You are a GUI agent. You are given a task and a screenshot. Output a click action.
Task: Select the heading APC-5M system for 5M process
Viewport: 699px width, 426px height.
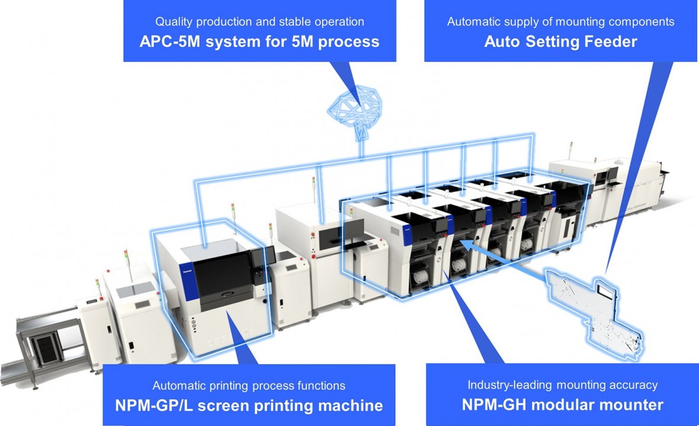tap(259, 42)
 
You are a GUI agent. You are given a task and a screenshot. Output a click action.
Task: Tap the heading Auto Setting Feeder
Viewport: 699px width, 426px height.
tap(561, 42)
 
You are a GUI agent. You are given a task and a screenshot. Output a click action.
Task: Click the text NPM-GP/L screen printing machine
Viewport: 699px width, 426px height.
tap(249, 406)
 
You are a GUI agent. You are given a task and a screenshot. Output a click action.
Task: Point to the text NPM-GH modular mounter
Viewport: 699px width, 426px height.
tap(562, 405)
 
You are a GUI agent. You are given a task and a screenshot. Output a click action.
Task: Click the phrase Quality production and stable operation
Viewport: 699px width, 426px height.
tap(259, 22)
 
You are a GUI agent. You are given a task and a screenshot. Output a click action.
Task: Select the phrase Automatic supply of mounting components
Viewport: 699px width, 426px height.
tap(561, 22)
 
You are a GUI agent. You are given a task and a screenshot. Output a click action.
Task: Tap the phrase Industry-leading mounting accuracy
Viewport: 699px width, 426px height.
tap(562, 385)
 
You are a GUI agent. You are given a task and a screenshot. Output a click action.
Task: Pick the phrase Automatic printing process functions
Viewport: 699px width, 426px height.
tap(249, 386)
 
